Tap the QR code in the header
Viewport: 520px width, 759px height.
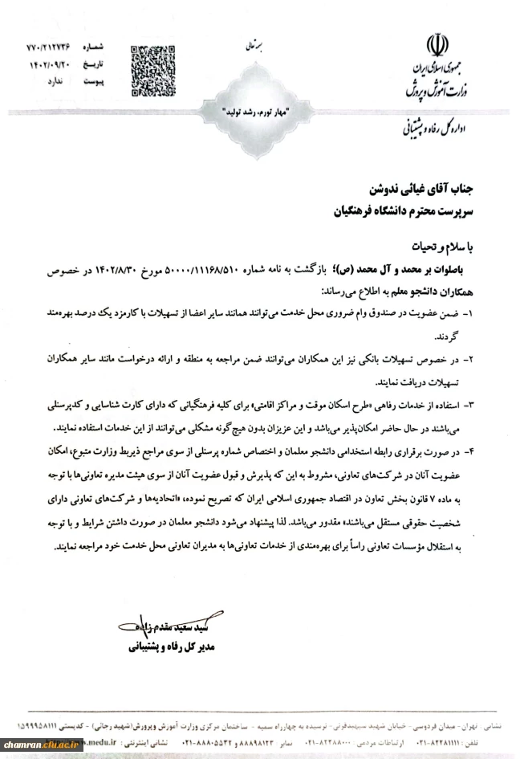tap(152, 62)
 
